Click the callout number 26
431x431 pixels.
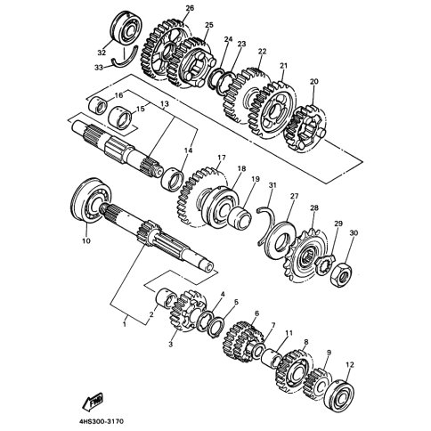click(190, 8)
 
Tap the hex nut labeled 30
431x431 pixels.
click(341, 274)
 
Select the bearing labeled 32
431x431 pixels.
click(127, 28)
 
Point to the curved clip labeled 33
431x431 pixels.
click(125, 58)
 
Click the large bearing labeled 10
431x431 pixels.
click(92, 199)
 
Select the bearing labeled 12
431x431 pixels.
click(339, 394)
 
